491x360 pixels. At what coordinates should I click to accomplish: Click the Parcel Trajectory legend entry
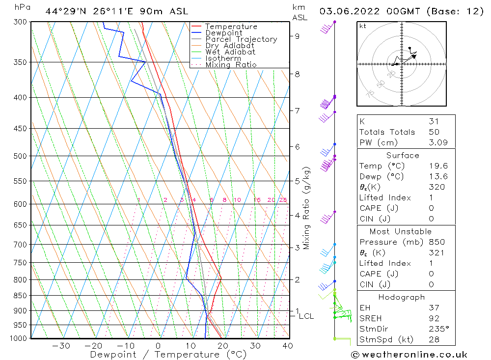point(241,39)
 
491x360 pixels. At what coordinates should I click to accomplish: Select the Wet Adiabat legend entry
point(230,52)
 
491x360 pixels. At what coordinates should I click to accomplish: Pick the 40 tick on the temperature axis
point(288,346)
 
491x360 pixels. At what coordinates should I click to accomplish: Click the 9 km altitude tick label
point(298,36)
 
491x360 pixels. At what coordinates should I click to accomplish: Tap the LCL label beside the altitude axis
point(306,316)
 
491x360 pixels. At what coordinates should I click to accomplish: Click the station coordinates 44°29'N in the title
point(65,11)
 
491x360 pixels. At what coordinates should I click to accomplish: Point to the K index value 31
point(434,121)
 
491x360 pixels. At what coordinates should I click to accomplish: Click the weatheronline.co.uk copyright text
point(409,354)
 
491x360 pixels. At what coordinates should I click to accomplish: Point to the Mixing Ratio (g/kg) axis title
point(306,208)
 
